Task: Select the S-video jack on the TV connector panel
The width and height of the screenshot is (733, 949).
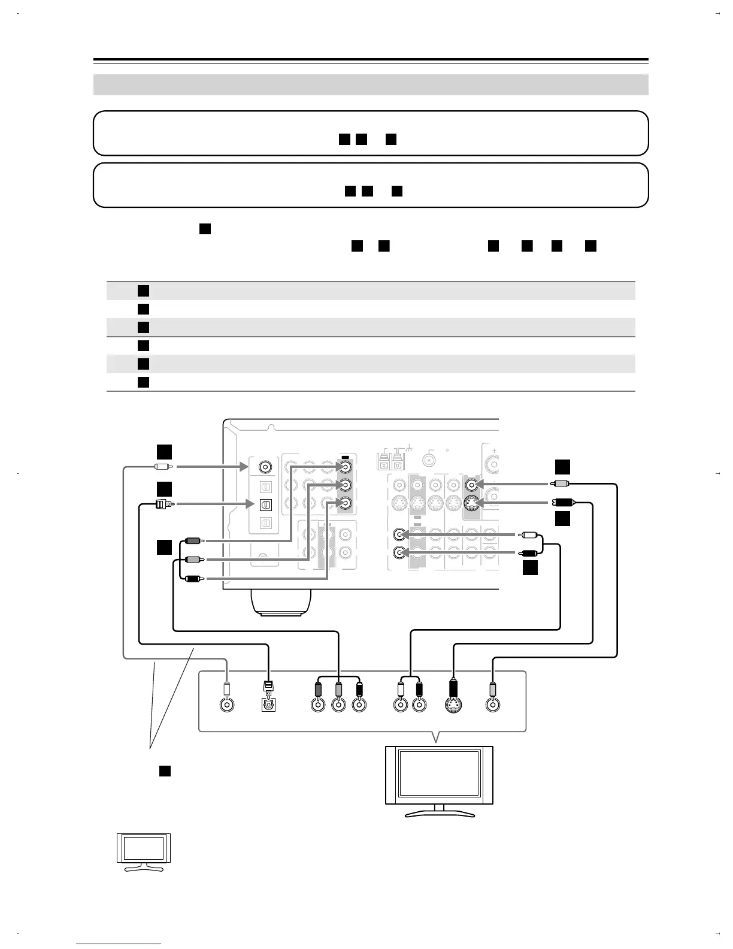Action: click(453, 705)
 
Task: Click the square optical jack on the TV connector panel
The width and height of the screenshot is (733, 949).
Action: click(268, 705)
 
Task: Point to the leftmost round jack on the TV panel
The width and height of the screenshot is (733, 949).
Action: click(226, 705)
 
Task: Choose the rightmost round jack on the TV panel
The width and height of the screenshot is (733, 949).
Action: click(492, 705)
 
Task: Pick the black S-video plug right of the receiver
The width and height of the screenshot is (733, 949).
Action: click(564, 503)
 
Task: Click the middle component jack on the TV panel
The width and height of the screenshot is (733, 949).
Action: click(338, 705)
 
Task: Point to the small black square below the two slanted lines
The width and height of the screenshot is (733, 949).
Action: click(165, 771)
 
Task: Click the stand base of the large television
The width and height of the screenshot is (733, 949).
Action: click(439, 814)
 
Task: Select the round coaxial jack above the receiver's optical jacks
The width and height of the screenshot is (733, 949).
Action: click(265, 466)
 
